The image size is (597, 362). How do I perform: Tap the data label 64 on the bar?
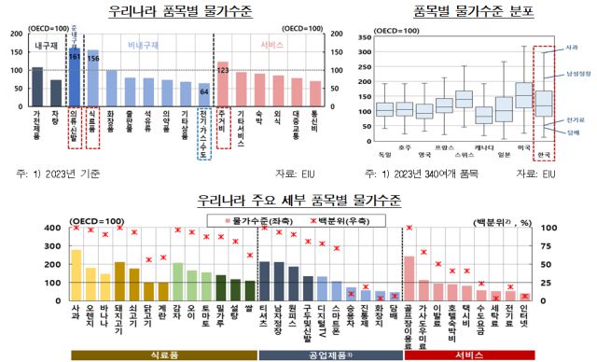pyautogui.click(x=203, y=91)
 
